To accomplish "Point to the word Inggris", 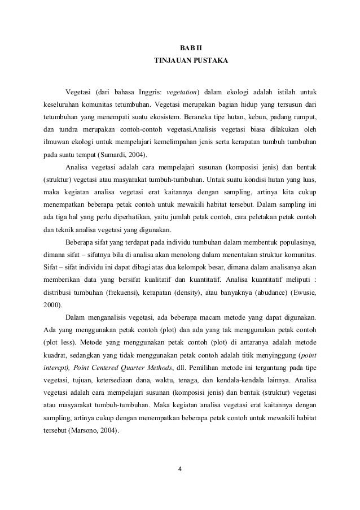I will click(x=146, y=92).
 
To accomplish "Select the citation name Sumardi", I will click(x=112, y=154).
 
